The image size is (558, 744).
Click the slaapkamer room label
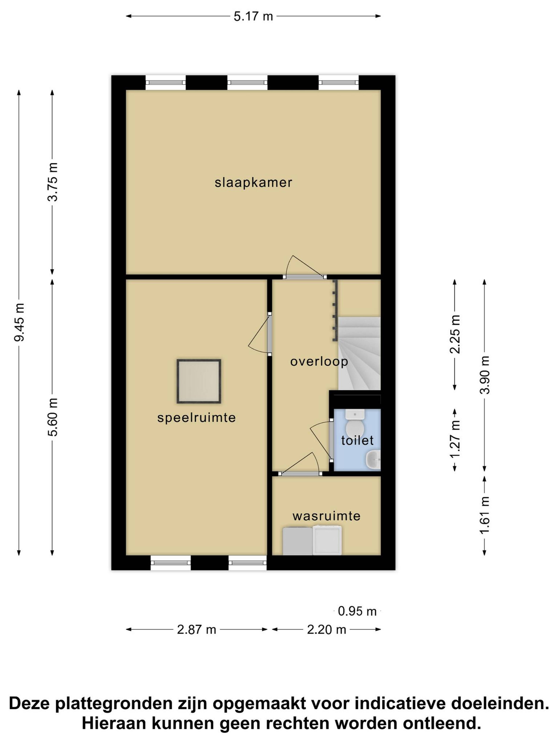point(253,183)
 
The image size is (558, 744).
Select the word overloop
point(319,362)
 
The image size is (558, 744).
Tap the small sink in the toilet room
point(373,459)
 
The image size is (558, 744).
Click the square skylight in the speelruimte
point(199,381)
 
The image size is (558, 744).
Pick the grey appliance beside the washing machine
point(297,541)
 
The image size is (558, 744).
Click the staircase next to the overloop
point(359,353)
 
